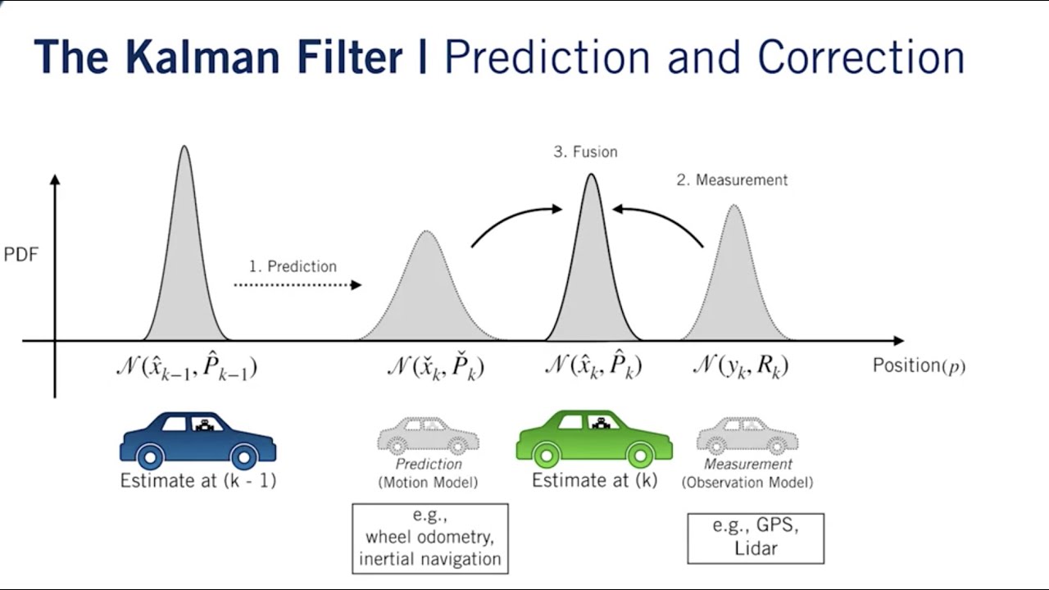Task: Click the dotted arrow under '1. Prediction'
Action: pyautogui.click(x=297, y=285)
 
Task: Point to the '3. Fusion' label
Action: pyautogui.click(x=585, y=152)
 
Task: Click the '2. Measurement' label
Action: pyautogui.click(x=732, y=180)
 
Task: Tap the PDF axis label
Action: pyautogui.click(x=21, y=255)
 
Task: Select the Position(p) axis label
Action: pyautogui.click(x=919, y=365)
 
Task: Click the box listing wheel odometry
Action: pyautogui.click(x=430, y=538)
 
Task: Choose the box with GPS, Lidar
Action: pyautogui.click(x=755, y=538)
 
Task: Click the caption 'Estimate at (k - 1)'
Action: pyautogui.click(x=198, y=481)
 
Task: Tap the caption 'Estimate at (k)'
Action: pyautogui.click(x=594, y=481)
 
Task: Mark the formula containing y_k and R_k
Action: pyautogui.click(x=740, y=366)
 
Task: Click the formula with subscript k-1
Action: pyautogui.click(x=187, y=368)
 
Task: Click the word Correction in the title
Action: pyautogui.click(x=861, y=58)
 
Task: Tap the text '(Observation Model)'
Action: pyautogui.click(x=747, y=483)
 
